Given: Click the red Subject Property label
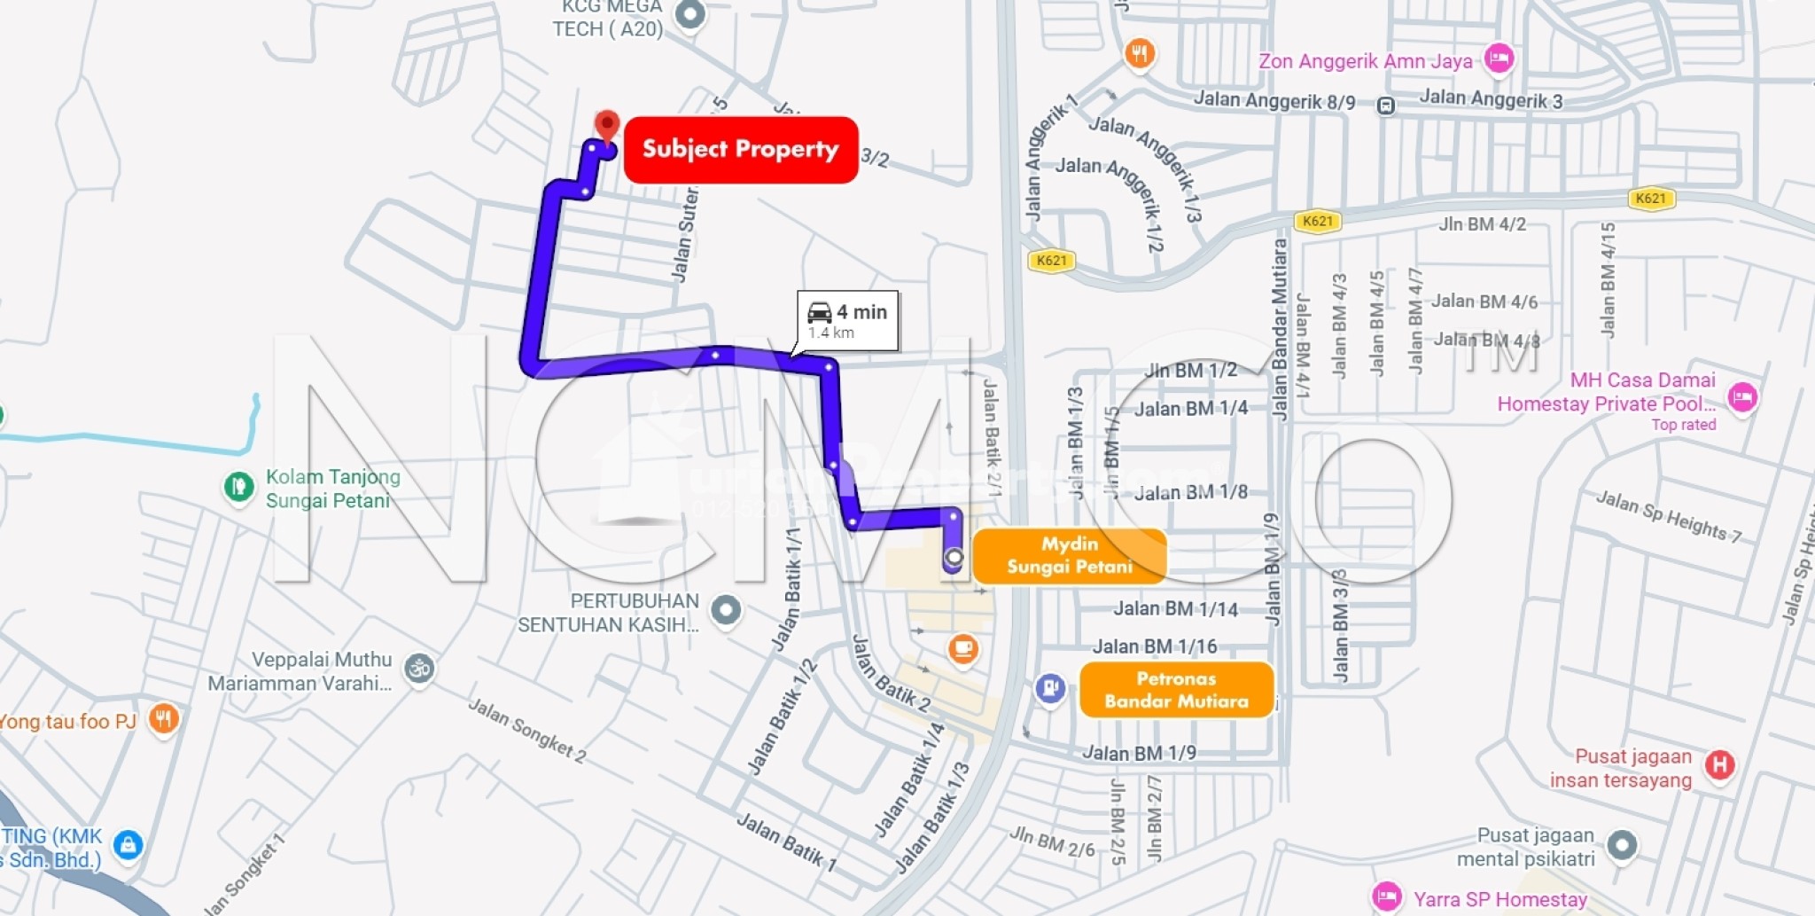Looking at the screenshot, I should tap(741, 150).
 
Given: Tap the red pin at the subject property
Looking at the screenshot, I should tap(607, 125).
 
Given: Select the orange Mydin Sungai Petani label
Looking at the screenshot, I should tap(1070, 556).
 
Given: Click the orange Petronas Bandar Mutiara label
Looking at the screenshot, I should tap(1176, 690).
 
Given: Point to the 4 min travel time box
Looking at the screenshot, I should tap(848, 320).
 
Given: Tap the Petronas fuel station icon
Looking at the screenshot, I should tap(1050, 688).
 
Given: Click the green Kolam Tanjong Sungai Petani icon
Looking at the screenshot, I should tap(238, 487).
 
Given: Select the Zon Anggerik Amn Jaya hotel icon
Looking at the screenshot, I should tap(1499, 59).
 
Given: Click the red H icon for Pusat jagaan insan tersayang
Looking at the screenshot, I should tap(1719, 764).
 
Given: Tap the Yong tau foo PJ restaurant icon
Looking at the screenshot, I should tap(163, 718).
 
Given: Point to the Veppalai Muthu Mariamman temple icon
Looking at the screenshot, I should tap(419, 669).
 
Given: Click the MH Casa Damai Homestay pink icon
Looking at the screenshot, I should tap(1742, 396).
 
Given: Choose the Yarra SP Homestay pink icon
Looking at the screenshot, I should tap(1386, 897).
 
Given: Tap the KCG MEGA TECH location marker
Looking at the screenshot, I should tap(690, 14).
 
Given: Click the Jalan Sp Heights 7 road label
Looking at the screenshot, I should tap(1669, 517).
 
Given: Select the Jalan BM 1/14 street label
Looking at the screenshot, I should tap(1175, 609).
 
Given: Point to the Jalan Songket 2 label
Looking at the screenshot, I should tap(526, 730).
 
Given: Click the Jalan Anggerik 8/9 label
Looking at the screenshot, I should tap(1274, 100).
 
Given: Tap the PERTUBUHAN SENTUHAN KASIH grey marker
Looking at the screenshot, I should tap(726, 610).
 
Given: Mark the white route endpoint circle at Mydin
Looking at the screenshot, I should tap(954, 558).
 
